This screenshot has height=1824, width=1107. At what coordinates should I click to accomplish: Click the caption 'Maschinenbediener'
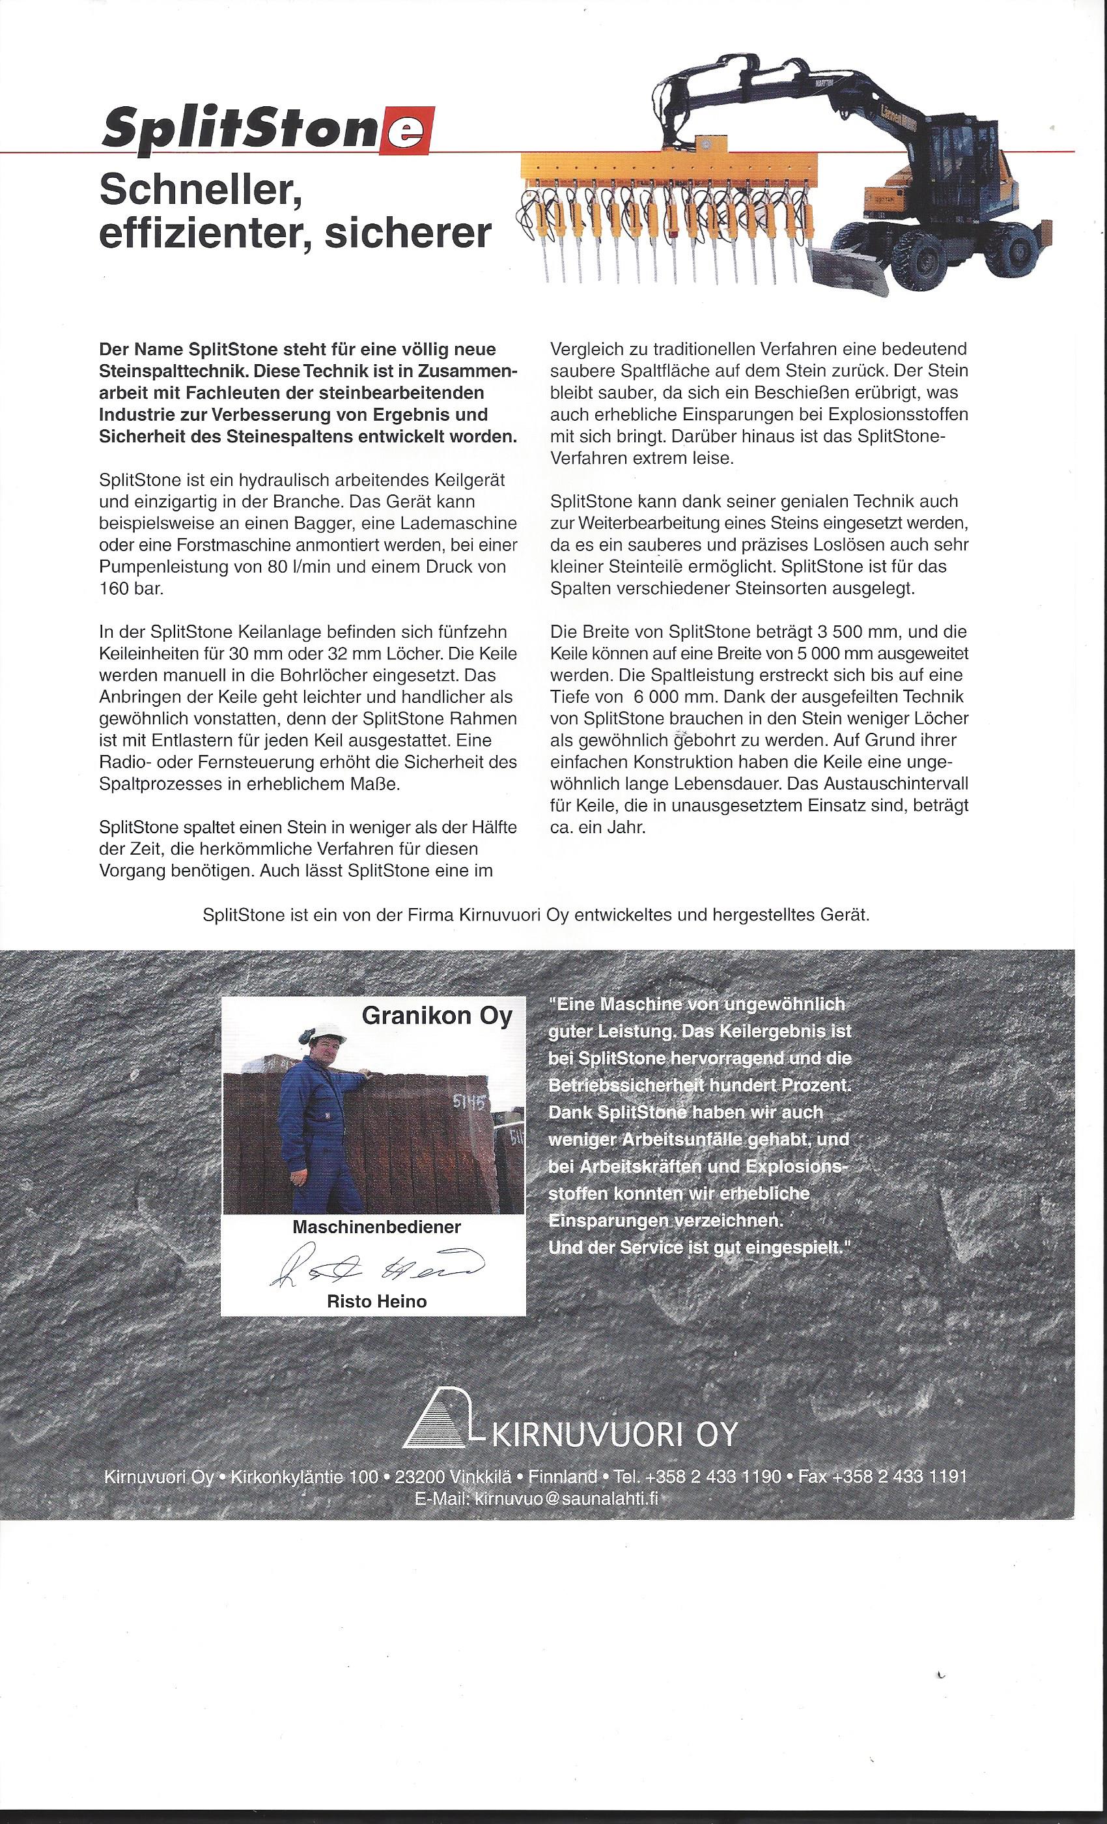point(376,1227)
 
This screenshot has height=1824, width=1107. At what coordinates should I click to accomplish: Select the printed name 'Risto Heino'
point(376,1301)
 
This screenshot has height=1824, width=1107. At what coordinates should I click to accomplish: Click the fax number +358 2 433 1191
point(899,1476)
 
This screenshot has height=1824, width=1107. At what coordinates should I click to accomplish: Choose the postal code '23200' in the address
point(419,1476)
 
